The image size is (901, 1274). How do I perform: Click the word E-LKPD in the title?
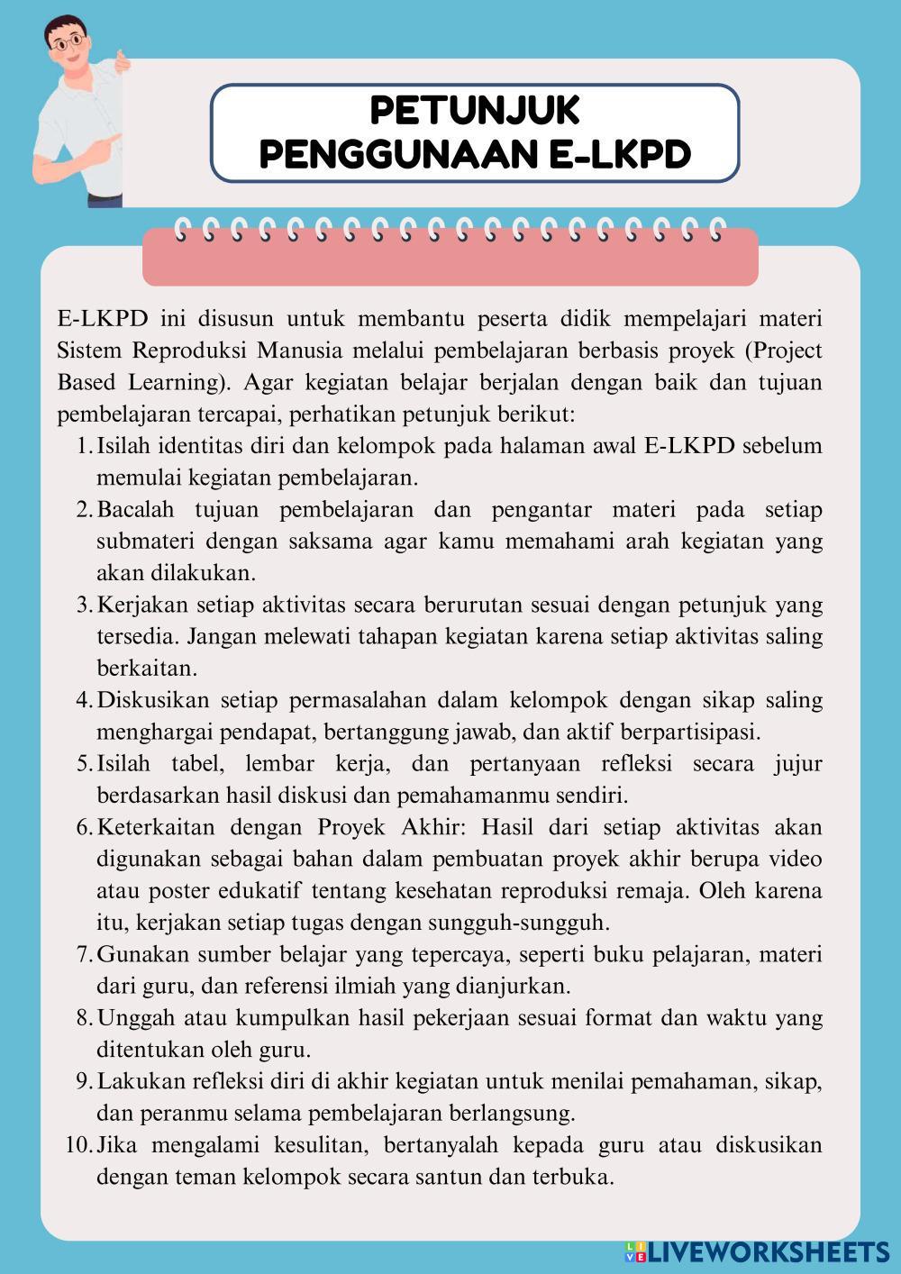pyautogui.click(x=619, y=154)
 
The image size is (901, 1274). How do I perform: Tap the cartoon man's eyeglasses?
pyautogui.click(x=69, y=41)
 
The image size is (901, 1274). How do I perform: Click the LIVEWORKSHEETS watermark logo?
pyautogui.click(x=756, y=1251)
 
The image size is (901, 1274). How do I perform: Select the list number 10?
pyautogui.click(x=78, y=1145)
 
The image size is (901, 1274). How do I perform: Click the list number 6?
pyautogui.click(x=83, y=827)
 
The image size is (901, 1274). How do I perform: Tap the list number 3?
pyautogui.click(x=83, y=605)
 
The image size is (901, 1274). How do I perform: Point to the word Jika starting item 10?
pyautogui.click(x=114, y=1145)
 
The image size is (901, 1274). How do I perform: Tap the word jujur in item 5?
pyautogui.click(x=798, y=764)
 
